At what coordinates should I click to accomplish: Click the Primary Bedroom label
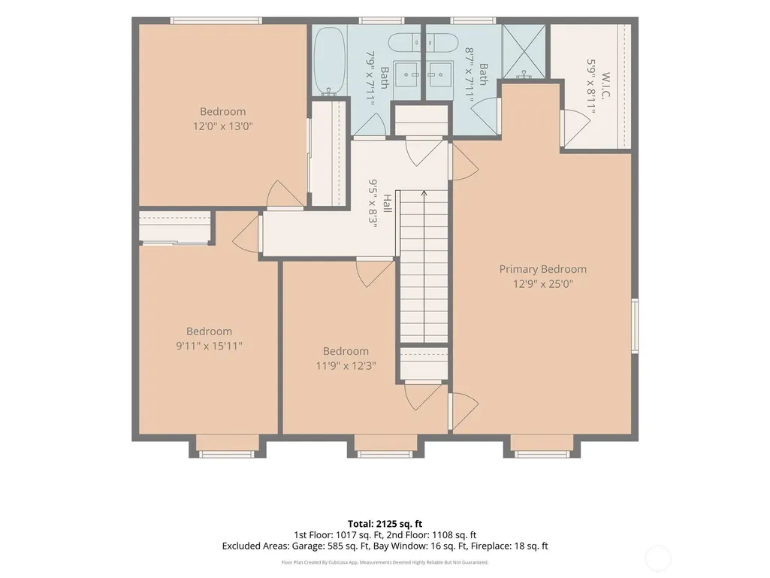click(542, 269)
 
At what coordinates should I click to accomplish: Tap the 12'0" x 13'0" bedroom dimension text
click(222, 126)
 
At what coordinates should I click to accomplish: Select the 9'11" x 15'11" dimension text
click(209, 346)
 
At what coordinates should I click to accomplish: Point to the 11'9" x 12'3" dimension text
click(346, 365)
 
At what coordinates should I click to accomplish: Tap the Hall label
click(387, 203)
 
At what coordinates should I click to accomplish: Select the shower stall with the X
click(524, 51)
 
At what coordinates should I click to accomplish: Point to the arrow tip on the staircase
click(424, 192)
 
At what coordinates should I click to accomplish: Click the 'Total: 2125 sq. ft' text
click(385, 523)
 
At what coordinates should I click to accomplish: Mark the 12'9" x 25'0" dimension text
click(543, 283)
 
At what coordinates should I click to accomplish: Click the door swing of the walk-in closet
click(575, 129)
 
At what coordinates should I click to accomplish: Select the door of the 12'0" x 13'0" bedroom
click(285, 195)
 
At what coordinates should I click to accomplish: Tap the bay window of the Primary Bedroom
click(542, 446)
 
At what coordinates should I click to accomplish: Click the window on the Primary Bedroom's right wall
click(635, 325)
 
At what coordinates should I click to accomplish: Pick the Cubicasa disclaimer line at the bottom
click(385, 562)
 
